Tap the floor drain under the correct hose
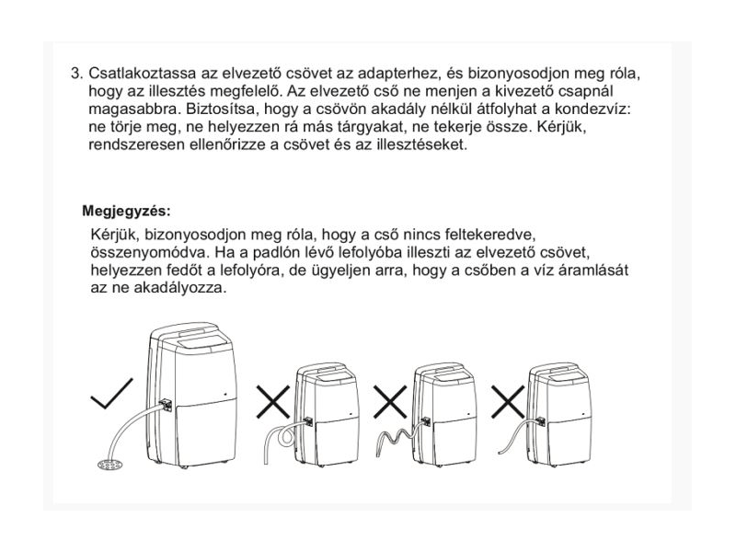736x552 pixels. pyautogui.click(x=109, y=465)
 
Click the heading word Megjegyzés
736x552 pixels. pyautogui.click(x=126, y=212)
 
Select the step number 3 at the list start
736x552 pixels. pyautogui.click(x=76, y=74)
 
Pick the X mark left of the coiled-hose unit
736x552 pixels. pyautogui.click(x=273, y=402)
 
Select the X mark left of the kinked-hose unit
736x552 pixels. pyautogui.click(x=390, y=402)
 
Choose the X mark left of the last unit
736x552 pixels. pyautogui.click(x=508, y=402)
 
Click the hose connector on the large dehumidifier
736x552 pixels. pyautogui.click(x=167, y=405)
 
